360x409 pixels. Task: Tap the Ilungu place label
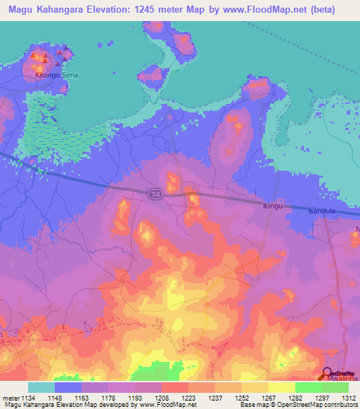click(x=272, y=204)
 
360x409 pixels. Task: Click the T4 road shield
click(x=153, y=193)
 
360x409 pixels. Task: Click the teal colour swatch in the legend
click(x=41, y=387)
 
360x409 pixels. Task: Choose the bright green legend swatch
click(x=309, y=387)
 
